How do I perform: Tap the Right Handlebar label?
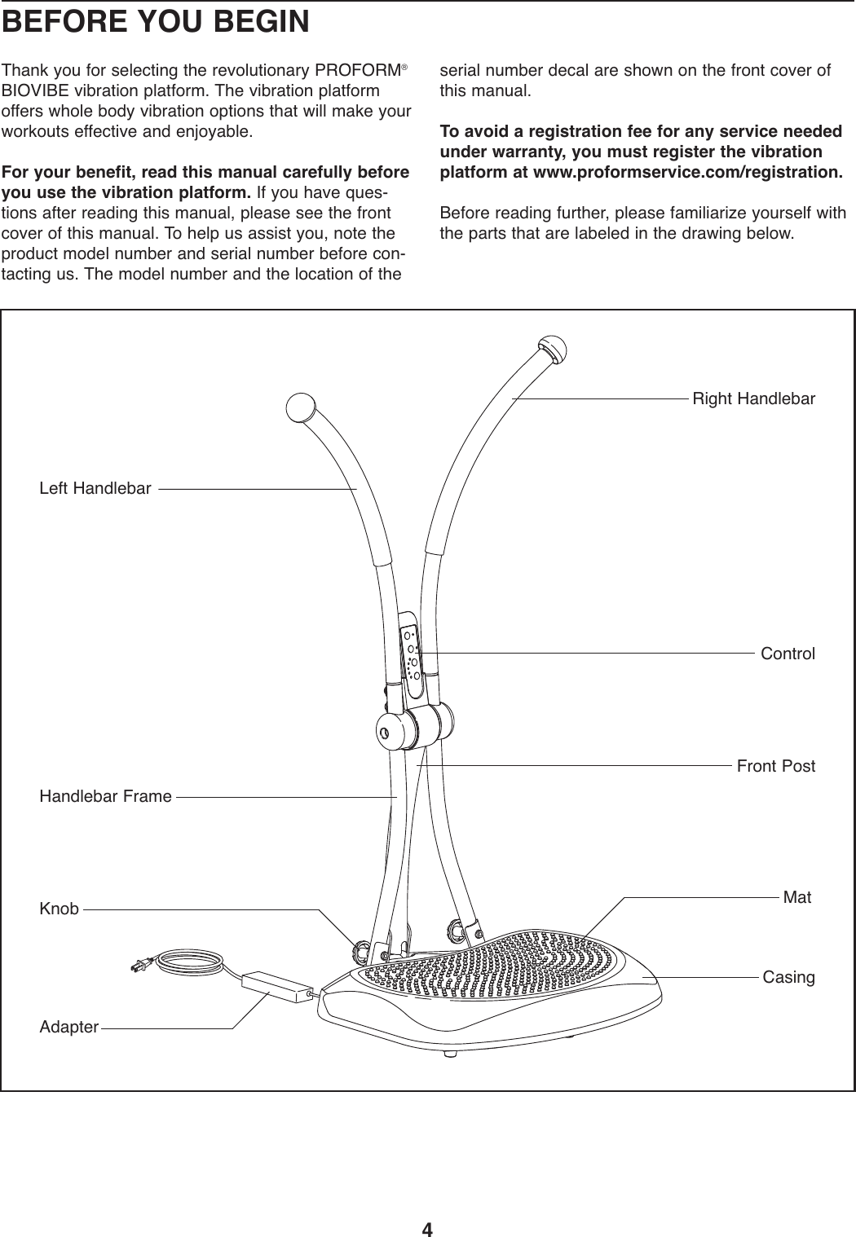point(753,399)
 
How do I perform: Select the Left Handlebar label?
point(95,489)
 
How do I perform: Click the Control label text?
point(788,654)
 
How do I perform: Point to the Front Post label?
point(775,766)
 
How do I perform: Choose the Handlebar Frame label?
point(106,796)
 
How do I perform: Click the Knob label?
point(60,908)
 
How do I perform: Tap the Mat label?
point(796,897)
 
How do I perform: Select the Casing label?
point(788,976)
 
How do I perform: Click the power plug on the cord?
point(139,966)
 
